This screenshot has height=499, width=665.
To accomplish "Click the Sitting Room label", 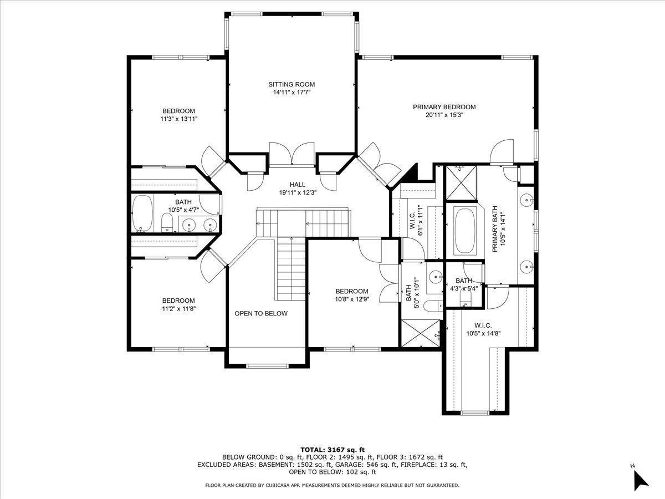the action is pyautogui.click(x=291, y=84).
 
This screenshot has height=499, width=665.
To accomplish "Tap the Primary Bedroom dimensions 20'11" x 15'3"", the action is pyautogui.click(x=444, y=115).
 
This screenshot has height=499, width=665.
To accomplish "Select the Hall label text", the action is pyautogui.click(x=298, y=184).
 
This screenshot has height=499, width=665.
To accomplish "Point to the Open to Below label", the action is pyautogui.click(x=261, y=314).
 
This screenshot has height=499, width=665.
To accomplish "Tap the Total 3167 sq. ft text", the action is pyautogui.click(x=332, y=450).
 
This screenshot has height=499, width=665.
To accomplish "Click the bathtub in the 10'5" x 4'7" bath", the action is pyautogui.click(x=142, y=214).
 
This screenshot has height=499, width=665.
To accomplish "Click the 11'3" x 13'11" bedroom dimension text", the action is pyautogui.click(x=179, y=119).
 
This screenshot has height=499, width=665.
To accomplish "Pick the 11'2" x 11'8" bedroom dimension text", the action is pyautogui.click(x=179, y=309).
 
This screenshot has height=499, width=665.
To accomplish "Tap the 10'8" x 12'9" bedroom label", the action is pyautogui.click(x=352, y=291).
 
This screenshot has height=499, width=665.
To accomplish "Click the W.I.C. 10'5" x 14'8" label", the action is pyautogui.click(x=483, y=330).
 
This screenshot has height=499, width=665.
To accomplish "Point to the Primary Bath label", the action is pyautogui.click(x=495, y=229).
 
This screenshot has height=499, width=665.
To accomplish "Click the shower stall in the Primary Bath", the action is pyautogui.click(x=461, y=183).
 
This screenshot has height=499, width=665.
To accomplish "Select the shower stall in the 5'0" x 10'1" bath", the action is pyautogui.click(x=421, y=333).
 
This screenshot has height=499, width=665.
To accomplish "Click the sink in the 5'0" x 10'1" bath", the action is pyautogui.click(x=436, y=277).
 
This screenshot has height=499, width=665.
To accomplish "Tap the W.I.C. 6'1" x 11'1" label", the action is pyautogui.click(x=416, y=220).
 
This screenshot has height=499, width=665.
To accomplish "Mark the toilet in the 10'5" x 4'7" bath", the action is pyautogui.click(x=167, y=222).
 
